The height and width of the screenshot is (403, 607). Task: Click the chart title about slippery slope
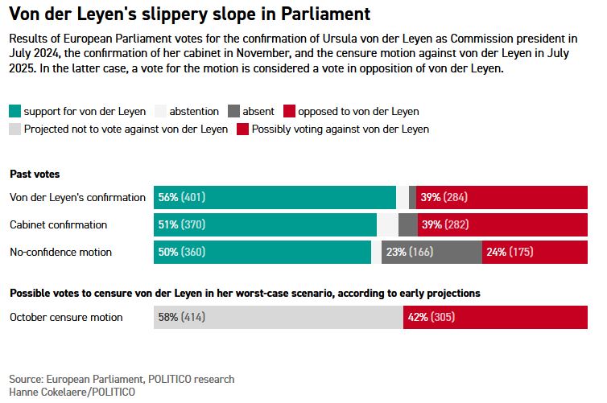click(x=189, y=14)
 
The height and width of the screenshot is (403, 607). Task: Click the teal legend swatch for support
click(x=14, y=111)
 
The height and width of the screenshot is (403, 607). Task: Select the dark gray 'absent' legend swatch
click(x=233, y=111)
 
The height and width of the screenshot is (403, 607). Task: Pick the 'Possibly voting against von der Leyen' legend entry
click(x=340, y=128)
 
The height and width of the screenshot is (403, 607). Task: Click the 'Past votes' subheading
click(x=35, y=174)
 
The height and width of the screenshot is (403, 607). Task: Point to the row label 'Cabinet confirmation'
click(x=58, y=224)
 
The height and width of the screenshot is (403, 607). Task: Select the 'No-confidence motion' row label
click(x=60, y=252)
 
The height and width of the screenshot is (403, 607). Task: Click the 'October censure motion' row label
click(x=66, y=317)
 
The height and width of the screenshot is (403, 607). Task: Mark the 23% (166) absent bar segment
click(x=432, y=252)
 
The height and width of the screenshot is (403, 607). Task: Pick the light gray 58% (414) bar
click(x=278, y=317)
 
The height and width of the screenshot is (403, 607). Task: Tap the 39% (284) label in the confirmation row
click(x=444, y=197)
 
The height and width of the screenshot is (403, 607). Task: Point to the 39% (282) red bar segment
click(x=505, y=224)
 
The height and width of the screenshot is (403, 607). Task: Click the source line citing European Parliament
click(x=122, y=379)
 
